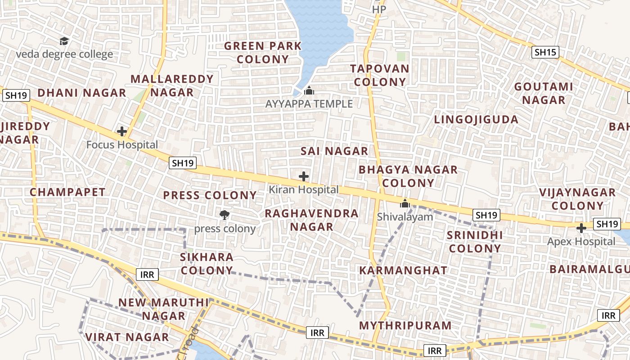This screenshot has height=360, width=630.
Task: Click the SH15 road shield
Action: [x=545, y=52]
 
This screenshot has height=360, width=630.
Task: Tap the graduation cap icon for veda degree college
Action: [x=64, y=41]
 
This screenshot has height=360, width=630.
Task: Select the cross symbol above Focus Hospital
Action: [x=121, y=131]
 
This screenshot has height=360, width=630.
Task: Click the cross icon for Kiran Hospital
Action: [x=304, y=176]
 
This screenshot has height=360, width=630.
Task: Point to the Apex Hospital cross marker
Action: [x=581, y=228]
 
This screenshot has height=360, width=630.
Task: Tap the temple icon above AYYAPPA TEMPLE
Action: [x=309, y=91]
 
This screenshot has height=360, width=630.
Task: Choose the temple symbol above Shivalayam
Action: [x=405, y=203]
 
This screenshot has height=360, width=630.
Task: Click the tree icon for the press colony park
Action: [x=224, y=215]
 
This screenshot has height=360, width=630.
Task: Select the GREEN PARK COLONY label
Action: [x=263, y=53]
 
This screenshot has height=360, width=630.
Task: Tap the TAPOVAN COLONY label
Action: [x=380, y=75]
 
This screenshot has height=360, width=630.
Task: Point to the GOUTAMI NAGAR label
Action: [x=544, y=93]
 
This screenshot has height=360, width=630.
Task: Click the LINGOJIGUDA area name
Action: [x=476, y=120]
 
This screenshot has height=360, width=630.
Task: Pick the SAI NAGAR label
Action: [x=334, y=151]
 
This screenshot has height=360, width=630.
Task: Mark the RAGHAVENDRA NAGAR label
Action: [x=311, y=220]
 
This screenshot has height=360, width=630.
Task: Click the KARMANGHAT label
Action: [x=403, y=270]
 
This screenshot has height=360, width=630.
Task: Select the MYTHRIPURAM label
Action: [x=405, y=325]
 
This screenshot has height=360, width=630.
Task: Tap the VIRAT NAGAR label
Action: [x=127, y=337]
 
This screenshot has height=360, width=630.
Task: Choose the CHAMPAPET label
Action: [x=67, y=192]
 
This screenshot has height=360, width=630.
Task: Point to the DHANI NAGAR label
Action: [x=81, y=93]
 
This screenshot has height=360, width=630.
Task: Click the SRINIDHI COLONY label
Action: [x=475, y=242]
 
